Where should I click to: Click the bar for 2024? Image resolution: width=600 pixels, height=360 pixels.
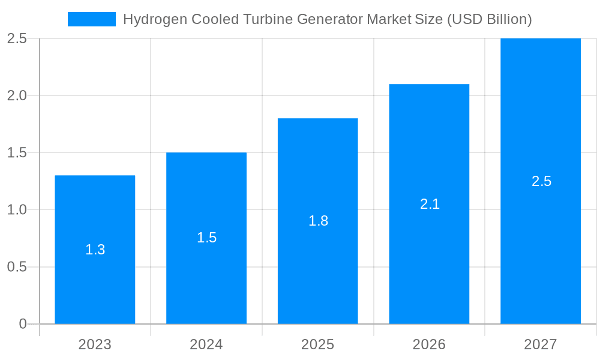pyautogui.click(x=206, y=276)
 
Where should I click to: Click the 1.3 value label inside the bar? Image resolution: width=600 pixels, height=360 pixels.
pyautogui.click(x=95, y=250)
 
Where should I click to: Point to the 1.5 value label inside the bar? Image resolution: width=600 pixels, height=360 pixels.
pyautogui.click(x=206, y=238)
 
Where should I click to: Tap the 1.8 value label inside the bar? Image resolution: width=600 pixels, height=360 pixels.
pyautogui.click(x=318, y=221)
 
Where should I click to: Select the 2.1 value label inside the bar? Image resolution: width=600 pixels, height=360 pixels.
pyautogui.click(x=430, y=204)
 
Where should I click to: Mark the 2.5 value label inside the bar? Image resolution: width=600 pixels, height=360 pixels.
pyautogui.click(x=541, y=181)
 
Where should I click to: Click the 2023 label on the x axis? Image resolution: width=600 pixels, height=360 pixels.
pyautogui.click(x=95, y=344)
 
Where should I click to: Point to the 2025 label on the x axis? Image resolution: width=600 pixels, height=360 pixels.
pyautogui.click(x=317, y=344)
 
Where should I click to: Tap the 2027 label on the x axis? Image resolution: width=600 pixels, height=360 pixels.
pyautogui.click(x=541, y=344)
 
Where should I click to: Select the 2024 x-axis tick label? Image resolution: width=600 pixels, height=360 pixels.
pyautogui.click(x=206, y=344)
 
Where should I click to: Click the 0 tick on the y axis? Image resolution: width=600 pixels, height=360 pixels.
pyautogui.click(x=23, y=324)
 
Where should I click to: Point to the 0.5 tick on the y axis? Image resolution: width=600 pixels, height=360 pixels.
pyautogui.click(x=17, y=267)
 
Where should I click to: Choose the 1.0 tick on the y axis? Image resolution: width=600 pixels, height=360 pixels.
pyautogui.click(x=17, y=210)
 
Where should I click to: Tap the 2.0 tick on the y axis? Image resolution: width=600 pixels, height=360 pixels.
pyautogui.click(x=17, y=95)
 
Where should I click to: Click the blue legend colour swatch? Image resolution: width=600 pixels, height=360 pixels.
pyautogui.click(x=91, y=19)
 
